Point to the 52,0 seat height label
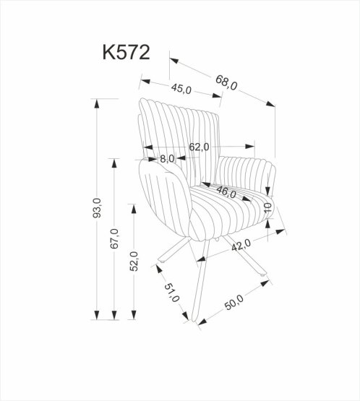click(x=133, y=260)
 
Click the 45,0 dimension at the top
click(x=181, y=89)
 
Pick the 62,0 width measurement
click(x=199, y=147)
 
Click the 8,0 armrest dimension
click(x=167, y=158)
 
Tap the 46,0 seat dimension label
click(x=227, y=192)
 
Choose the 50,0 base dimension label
click(x=235, y=301)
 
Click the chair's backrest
click(x=177, y=134)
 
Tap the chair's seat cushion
click(x=231, y=206)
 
